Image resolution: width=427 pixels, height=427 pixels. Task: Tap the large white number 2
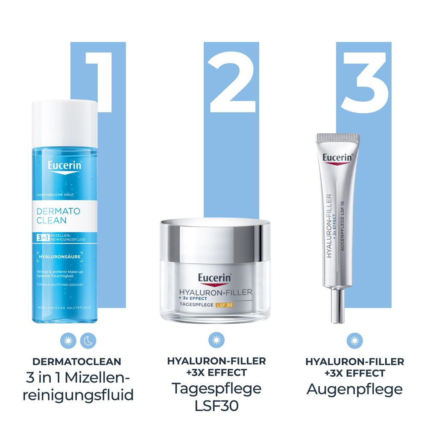(232, 83)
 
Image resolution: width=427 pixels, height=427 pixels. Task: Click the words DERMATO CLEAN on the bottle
(52, 216)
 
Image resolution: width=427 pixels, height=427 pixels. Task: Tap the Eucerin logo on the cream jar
(214, 278)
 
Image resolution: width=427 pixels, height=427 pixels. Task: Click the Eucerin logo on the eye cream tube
(337, 157)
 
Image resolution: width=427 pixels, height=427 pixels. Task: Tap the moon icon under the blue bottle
(88, 340)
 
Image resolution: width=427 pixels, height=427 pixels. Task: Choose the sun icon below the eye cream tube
(354, 340)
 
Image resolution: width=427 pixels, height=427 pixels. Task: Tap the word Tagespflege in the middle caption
(216, 389)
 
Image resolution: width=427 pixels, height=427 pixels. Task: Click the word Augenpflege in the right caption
(354, 389)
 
